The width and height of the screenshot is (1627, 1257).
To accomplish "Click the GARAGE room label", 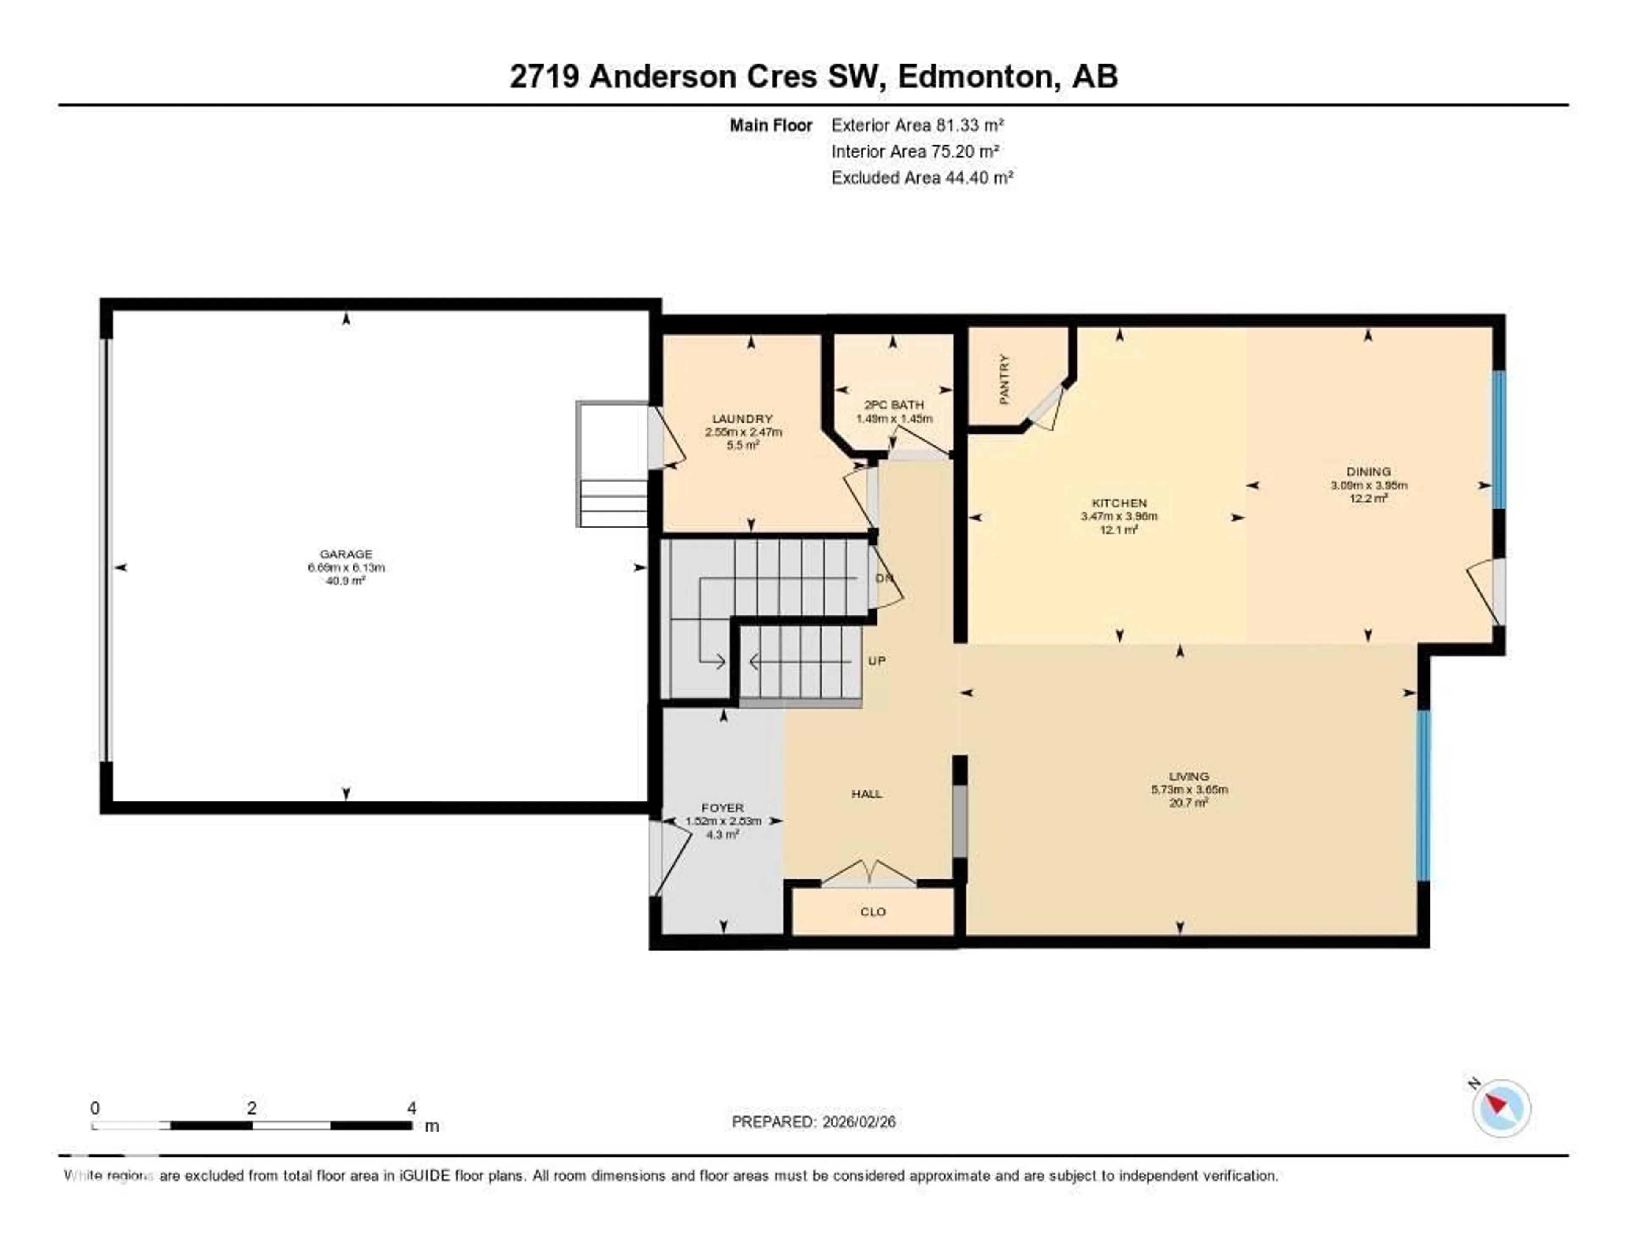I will tap(346, 553).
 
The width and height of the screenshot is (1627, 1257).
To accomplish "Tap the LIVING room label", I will tap(1189, 776).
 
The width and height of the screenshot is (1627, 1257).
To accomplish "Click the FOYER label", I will tap(722, 808).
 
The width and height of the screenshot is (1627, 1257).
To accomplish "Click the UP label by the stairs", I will tap(877, 661).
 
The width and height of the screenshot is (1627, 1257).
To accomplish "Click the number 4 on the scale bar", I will tap(411, 1108).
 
